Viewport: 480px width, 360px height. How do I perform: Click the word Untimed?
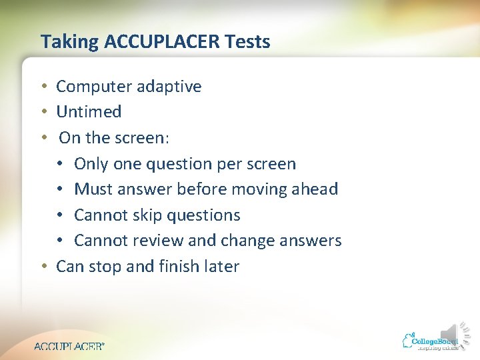point(89,112)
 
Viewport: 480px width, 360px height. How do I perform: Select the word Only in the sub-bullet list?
point(89,164)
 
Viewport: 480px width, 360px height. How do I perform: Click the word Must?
point(91,189)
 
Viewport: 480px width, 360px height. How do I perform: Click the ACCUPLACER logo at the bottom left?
point(69,346)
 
